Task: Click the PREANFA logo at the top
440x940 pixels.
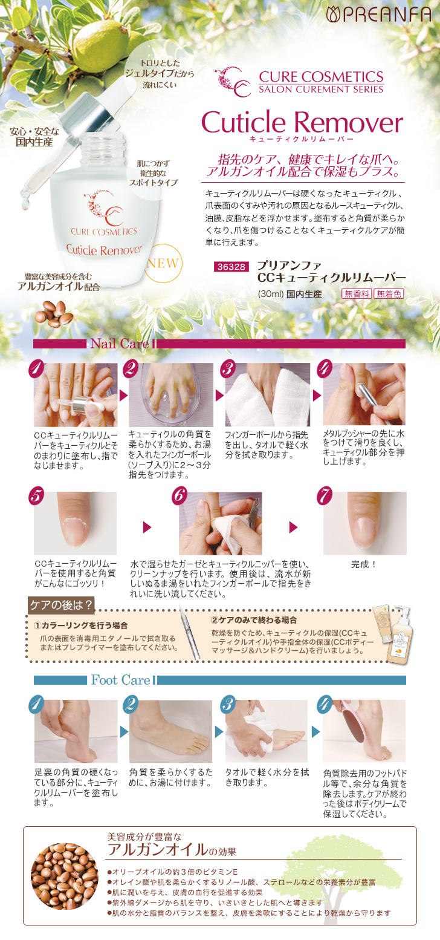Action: (378, 14)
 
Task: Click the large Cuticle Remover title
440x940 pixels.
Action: (302, 123)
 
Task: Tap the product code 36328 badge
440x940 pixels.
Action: (231, 267)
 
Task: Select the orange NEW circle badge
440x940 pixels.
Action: (163, 263)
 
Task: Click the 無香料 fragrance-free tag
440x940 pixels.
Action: (357, 294)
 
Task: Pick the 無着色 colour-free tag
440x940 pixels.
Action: (389, 294)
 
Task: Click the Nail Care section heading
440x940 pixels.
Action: (120, 344)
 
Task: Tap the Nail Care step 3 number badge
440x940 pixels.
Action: (228, 368)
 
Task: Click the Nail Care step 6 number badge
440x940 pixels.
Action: (180, 495)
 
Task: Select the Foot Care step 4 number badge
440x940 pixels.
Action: (325, 704)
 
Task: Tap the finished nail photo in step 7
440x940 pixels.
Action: (364, 523)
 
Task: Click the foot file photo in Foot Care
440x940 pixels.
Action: (364, 731)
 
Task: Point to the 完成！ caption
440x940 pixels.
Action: (364, 564)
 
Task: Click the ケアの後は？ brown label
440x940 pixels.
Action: (61, 605)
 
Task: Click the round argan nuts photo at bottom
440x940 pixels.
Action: (65, 876)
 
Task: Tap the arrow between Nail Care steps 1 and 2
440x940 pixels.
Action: (123, 396)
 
